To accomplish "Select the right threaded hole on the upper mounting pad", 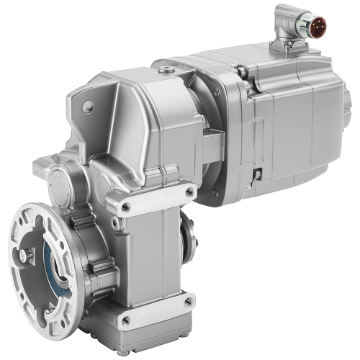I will pyautogui.click(x=190, y=191).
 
